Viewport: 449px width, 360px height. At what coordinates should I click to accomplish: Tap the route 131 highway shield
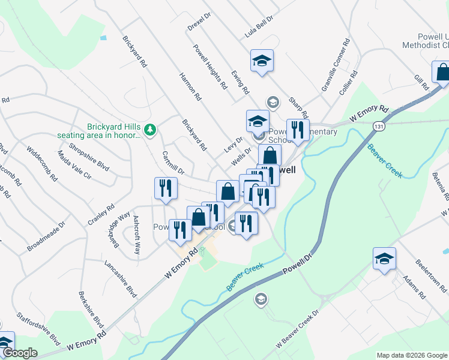(378, 127)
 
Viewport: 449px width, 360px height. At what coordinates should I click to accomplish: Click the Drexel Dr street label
(200, 22)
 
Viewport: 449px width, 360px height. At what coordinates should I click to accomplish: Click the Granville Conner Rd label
(335, 65)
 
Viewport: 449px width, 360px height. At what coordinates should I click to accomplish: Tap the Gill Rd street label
(419, 82)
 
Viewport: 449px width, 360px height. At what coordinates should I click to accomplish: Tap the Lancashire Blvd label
(121, 280)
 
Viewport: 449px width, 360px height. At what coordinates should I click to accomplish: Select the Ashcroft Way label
(137, 235)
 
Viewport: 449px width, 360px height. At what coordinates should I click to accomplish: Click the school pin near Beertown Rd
(384, 259)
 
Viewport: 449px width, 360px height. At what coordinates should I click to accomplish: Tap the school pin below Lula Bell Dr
(261, 61)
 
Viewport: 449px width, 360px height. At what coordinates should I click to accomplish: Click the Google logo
(20, 353)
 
